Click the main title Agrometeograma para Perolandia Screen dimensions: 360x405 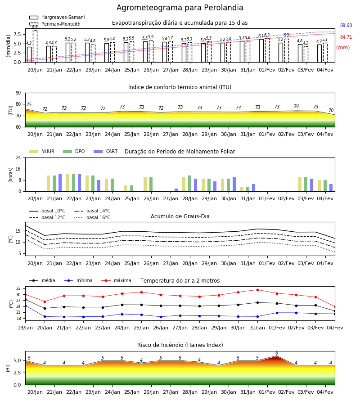pos(180,8)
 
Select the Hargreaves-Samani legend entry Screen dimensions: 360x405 pos(57,17)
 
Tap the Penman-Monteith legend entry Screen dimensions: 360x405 pos(55,24)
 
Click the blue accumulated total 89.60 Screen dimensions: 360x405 pos(346,25)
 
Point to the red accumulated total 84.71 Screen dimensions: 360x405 pos(346,37)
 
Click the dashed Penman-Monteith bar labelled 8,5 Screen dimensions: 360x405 pos(35,46)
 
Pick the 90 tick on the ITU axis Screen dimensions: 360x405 pos(18,93)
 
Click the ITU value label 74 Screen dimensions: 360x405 pos(296,106)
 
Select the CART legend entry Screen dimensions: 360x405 pos(106,151)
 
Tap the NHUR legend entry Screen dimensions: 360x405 pos(42,151)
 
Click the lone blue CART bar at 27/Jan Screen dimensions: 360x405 pos(176,190)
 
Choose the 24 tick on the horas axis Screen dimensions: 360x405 pos(18,157)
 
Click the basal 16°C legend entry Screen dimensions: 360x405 pos(92,217)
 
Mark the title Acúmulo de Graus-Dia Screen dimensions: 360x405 pos(180,216)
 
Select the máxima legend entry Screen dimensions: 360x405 pos(116,280)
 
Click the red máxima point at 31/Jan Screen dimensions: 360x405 pos(257,290)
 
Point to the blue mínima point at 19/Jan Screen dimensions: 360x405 pos(25,306)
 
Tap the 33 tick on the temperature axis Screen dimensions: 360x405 pos(18,288)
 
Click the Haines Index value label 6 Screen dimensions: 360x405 pos(277,353)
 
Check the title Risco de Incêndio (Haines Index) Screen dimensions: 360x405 pos(180,345)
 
